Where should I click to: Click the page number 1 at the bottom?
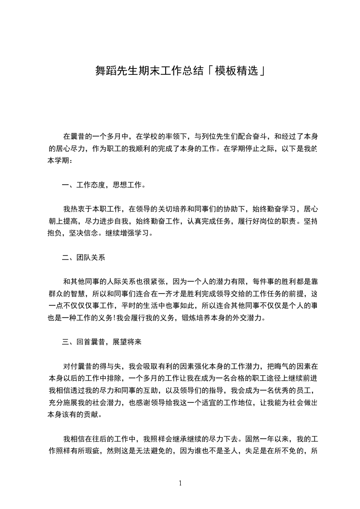coord(180,483)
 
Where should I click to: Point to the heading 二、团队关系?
coord(84,258)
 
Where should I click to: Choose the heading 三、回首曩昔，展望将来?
coord(102,342)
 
